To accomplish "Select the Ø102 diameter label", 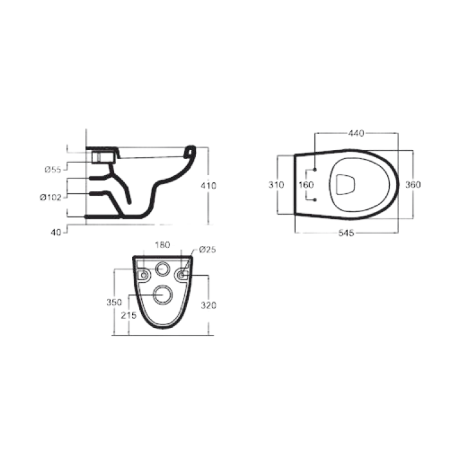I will point(51,198).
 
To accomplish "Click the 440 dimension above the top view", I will point(356,133).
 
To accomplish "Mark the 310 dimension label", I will point(276,185).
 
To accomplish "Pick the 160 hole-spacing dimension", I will point(306,185).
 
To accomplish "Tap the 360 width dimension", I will point(412,185).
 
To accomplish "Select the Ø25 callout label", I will point(207,249).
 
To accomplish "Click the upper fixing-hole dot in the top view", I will point(314,170).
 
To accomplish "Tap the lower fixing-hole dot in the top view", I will point(314,200).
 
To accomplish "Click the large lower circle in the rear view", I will point(162,296).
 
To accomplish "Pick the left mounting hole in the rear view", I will point(143,275).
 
